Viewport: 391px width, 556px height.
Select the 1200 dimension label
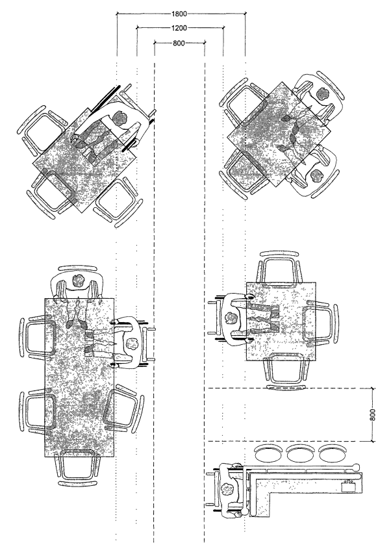(180, 28)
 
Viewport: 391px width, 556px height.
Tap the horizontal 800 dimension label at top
(179, 43)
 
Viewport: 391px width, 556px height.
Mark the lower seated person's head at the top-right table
(318, 174)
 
